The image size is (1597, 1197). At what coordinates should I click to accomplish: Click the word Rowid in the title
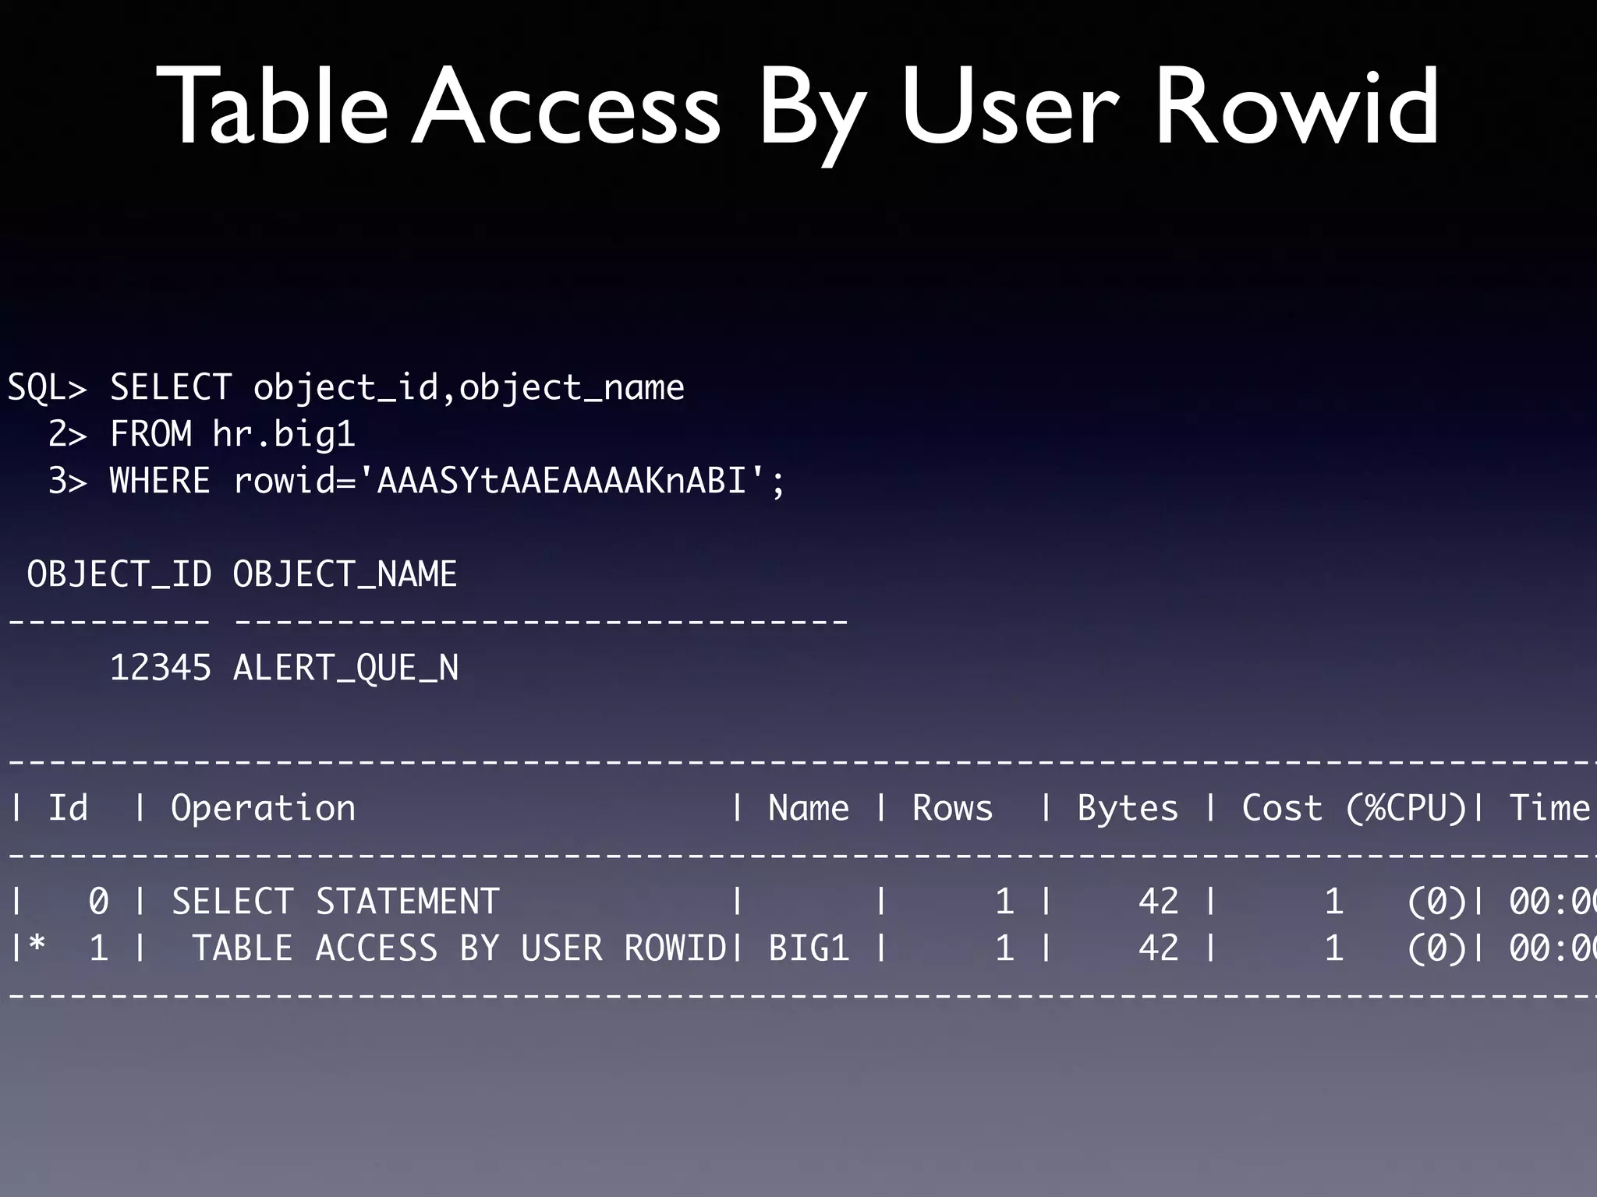pyautogui.click(x=1296, y=107)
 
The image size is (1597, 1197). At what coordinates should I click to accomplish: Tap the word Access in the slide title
pyautogui.click(x=567, y=107)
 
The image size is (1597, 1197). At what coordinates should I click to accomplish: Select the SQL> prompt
pyautogui.click(x=47, y=387)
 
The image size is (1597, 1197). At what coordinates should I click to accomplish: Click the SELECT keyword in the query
pyautogui.click(x=171, y=387)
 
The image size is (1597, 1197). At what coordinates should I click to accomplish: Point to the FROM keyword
pyautogui.click(x=150, y=434)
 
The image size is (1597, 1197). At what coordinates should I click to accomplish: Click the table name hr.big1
pyautogui.click(x=284, y=434)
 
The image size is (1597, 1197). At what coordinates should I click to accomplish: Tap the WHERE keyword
pyautogui.click(x=160, y=481)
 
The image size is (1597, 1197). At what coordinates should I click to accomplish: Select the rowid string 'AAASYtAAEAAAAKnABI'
pyautogui.click(x=561, y=481)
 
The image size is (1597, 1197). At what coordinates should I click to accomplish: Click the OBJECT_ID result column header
pyautogui.click(x=119, y=574)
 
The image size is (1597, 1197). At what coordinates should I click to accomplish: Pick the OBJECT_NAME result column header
pyautogui.click(x=345, y=574)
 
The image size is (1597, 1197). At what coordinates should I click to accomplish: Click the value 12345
pyautogui.click(x=160, y=668)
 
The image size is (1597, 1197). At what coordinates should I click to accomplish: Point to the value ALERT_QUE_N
pyautogui.click(x=345, y=668)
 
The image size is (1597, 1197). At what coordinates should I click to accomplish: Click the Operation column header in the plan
pyautogui.click(x=263, y=808)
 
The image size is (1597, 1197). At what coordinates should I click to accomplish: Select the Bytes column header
pyautogui.click(x=1128, y=808)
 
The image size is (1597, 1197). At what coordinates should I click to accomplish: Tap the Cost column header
pyautogui.click(x=1282, y=808)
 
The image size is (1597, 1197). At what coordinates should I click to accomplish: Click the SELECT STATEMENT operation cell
pyautogui.click(x=335, y=902)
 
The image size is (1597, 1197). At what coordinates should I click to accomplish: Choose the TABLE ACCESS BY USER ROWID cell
pyautogui.click(x=459, y=948)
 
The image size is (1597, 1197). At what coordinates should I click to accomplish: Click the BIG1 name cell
pyautogui.click(x=809, y=948)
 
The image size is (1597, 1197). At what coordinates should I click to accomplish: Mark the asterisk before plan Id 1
pyautogui.click(x=37, y=945)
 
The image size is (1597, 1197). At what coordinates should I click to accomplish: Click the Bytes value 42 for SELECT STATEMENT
pyautogui.click(x=1158, y=902)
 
